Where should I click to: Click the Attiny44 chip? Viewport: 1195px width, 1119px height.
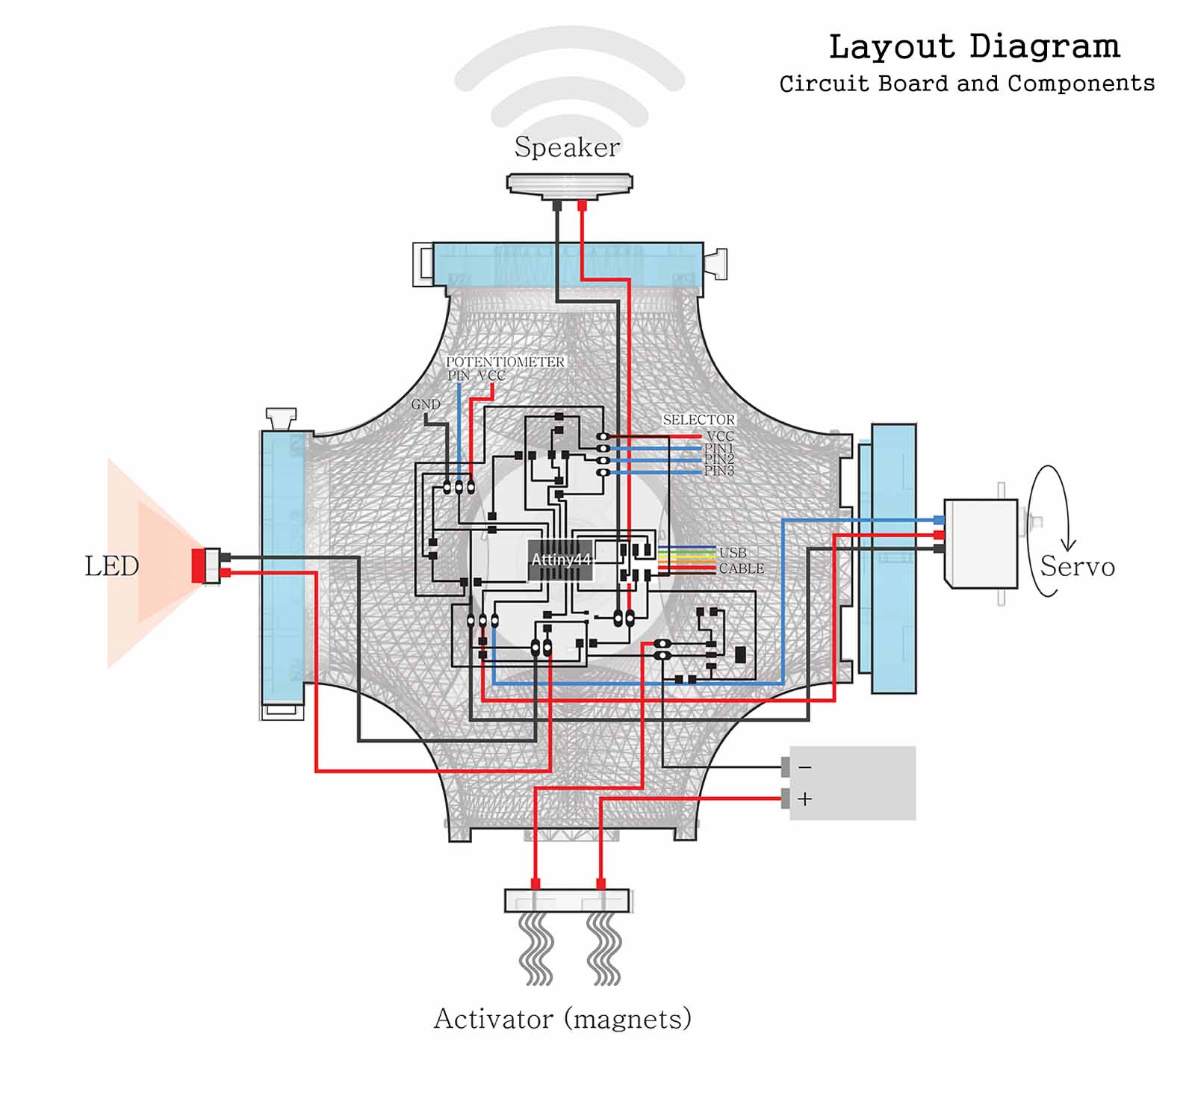point(561,560)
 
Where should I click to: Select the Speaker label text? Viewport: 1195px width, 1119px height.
point(567,147)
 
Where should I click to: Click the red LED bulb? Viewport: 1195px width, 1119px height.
point(199,565)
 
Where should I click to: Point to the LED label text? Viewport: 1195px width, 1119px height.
point(112,566)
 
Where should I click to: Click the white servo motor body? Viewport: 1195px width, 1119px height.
point(981,543)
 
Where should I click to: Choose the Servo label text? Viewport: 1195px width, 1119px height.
point(1077,566)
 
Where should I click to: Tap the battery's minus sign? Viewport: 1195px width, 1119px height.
point(804,767)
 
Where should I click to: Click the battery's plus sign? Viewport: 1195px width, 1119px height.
point(804,799)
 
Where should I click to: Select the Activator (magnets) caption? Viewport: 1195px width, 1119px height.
point(562,1019)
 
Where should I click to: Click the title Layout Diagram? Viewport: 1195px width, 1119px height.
point(974,46)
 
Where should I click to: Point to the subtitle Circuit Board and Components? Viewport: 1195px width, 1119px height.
point(967,84)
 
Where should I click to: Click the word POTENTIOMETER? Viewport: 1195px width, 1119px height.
point(505,362)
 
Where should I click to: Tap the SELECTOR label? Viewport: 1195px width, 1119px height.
point(699,420)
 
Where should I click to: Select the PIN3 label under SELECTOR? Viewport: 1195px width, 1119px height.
point(719,471)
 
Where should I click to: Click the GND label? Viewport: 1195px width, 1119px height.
point(426,404)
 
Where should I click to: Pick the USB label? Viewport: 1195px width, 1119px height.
point(733,553)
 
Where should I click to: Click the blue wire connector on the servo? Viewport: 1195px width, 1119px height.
point(939,520)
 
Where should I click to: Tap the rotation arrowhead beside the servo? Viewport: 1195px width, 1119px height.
point(1069,545)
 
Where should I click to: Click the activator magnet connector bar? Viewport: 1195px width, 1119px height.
point(568,900)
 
